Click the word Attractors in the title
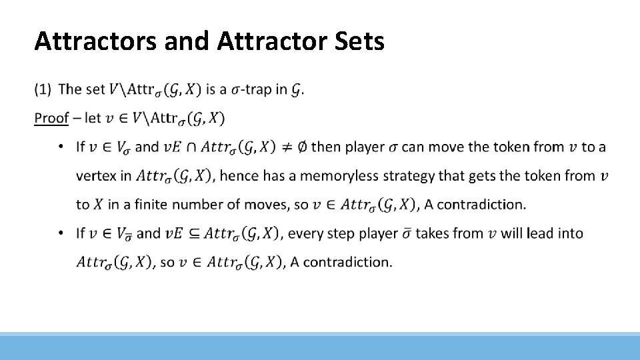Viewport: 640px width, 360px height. [93, 41]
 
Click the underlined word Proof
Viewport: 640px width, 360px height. [51, 118]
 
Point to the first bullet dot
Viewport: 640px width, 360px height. [61, 147]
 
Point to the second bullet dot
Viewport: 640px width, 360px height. [61, 233]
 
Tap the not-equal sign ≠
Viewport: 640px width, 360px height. [285, 147]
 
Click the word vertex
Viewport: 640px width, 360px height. [95, 176]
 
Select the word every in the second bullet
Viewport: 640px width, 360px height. [309, 233]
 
